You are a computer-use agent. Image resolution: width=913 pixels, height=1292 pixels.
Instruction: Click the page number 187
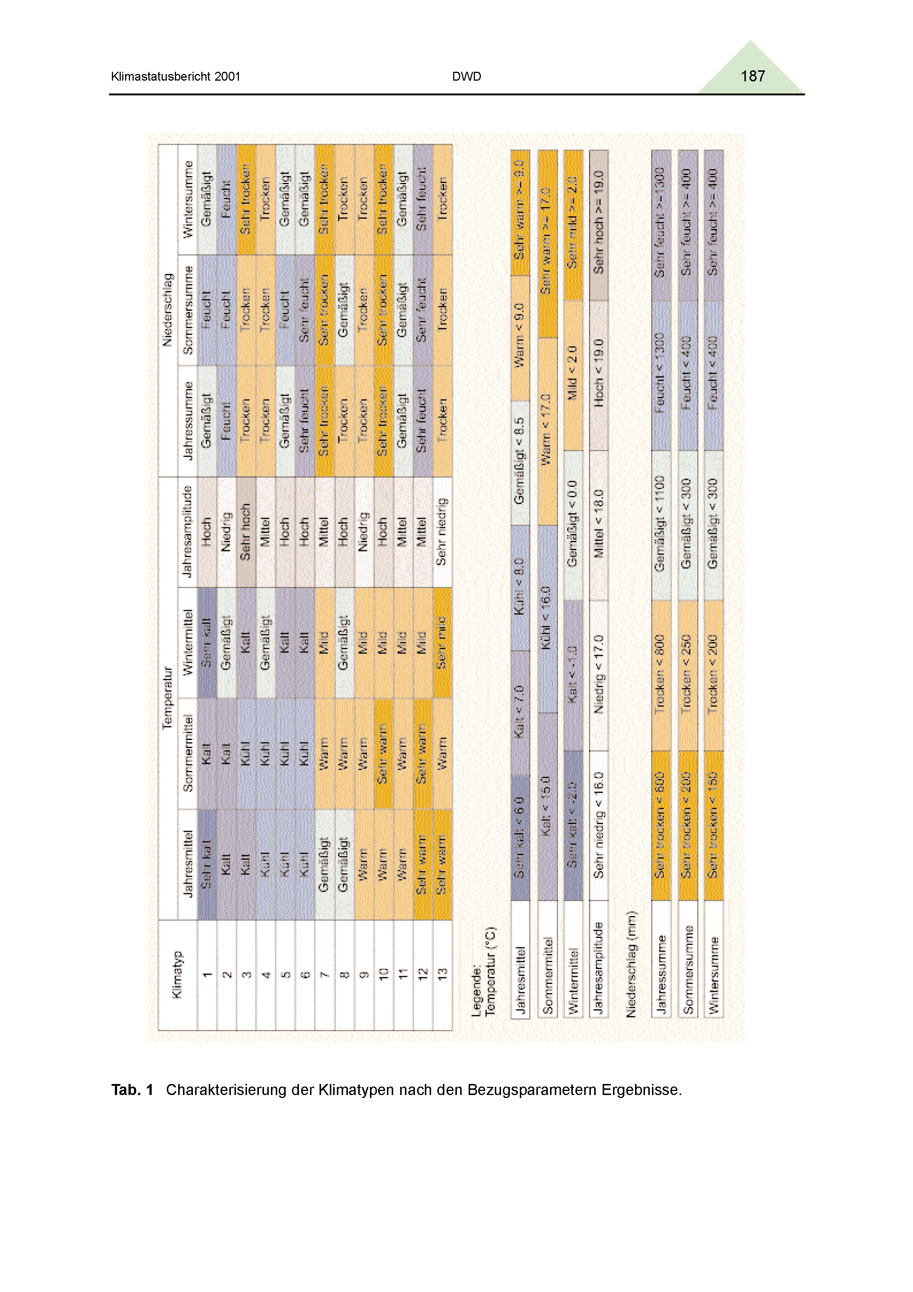pos(753,77)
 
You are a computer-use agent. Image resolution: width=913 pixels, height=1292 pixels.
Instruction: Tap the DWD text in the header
pos(466,77)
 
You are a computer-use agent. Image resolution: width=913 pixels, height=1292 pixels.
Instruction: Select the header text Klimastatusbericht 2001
pos(176,77)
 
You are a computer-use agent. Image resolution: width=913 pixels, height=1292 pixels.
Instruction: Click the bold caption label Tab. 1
pos(132,1090)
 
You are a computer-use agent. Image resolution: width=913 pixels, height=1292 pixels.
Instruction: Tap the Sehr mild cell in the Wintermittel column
pos(442,643)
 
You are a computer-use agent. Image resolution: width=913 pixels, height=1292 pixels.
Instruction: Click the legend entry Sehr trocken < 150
pos(714,825)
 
